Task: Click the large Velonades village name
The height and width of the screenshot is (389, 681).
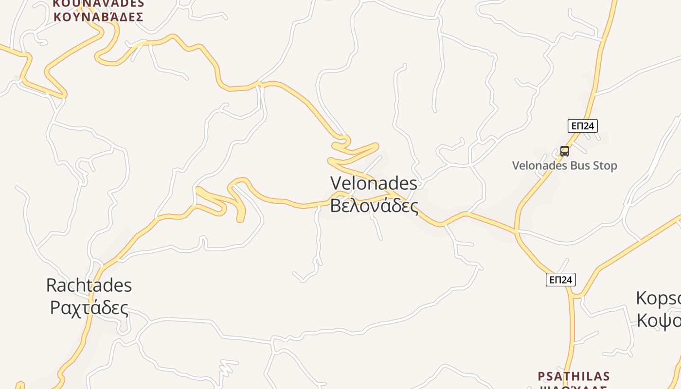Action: point(374,183)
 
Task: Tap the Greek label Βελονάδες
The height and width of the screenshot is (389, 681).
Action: point(374,205)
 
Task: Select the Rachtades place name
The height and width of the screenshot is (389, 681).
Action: point(89,285)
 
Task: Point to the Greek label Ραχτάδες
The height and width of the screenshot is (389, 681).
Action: point(89,308)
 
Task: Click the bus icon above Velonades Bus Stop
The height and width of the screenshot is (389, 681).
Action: point(564,151)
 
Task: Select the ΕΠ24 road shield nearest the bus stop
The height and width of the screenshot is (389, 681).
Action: point(582,126)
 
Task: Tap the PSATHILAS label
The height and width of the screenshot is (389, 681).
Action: point(573,376)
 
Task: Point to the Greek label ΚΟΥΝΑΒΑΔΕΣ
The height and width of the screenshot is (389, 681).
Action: point(98,18)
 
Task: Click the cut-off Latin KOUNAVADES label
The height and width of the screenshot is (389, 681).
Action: point(98,3)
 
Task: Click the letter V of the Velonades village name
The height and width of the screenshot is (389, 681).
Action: point(336,183)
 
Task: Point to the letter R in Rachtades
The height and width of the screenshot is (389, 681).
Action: point(51,285)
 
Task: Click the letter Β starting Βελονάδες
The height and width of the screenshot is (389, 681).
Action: point(335,205)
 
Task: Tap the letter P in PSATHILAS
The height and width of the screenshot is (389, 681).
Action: point(541,376)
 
